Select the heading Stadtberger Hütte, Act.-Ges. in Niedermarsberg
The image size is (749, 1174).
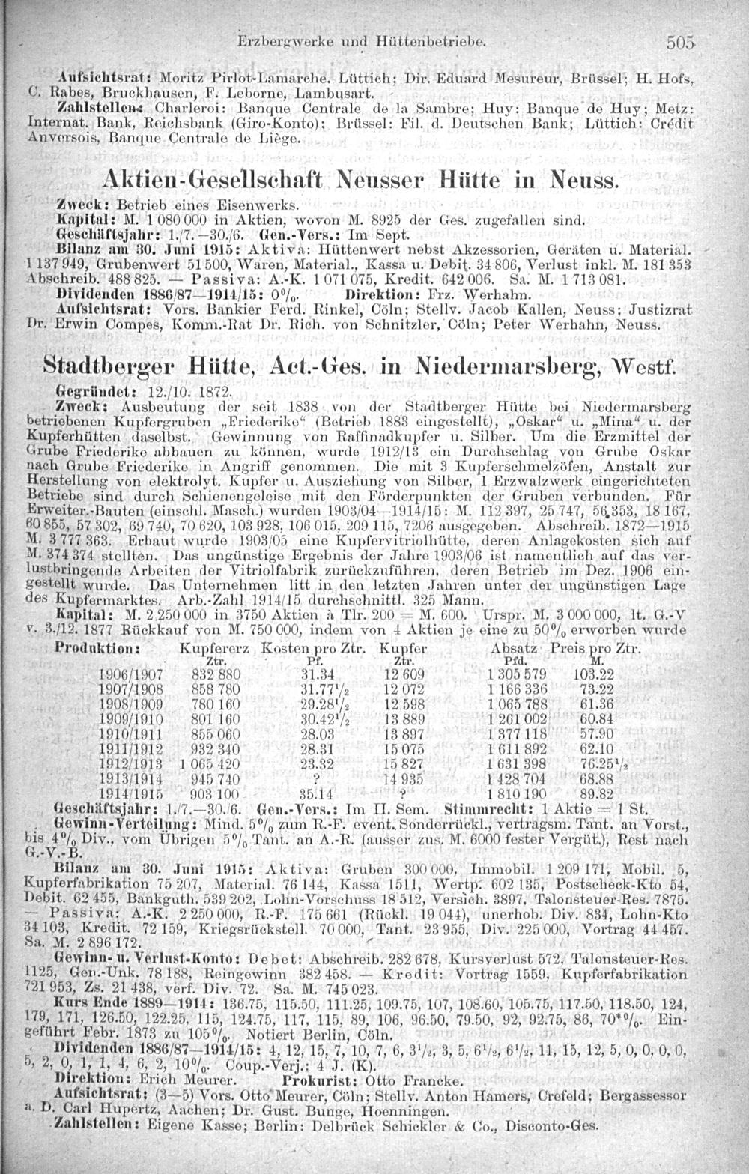360,367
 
